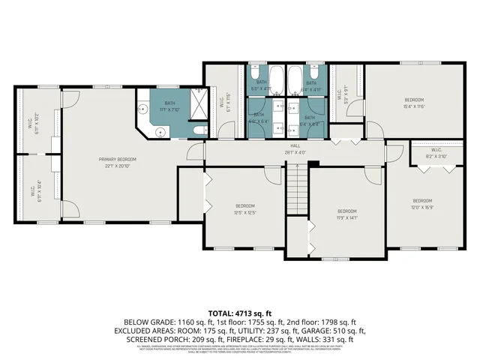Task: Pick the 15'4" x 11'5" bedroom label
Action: [x=414, y=103]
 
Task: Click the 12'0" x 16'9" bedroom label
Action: [x=422, y=202]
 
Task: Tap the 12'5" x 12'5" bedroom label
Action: [x=246, y=208]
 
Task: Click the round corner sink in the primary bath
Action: [x=160, y=133]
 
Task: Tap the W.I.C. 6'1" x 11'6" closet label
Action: [x=223, y=100]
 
